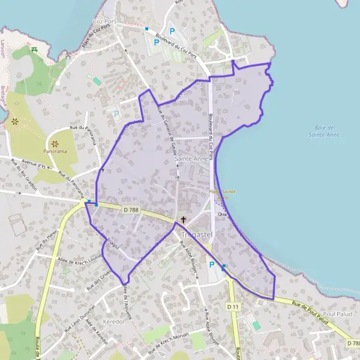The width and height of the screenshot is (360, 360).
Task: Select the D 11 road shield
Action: pos(233,307)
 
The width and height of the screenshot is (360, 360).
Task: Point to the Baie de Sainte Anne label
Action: pos(326,131)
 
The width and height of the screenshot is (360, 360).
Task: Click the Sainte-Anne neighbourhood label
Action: pos(191,158)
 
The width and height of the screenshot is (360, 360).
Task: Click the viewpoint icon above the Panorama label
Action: pos(55,143)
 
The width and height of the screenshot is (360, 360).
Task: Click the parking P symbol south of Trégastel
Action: pos(211,265)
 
